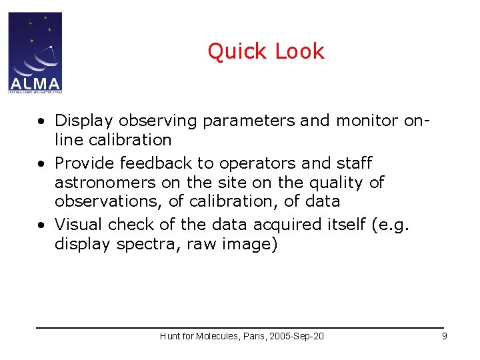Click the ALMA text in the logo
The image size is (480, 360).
[35, 84]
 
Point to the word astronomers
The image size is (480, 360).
[107, 183]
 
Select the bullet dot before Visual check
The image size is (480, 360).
[41, 225]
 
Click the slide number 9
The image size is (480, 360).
[444, 336]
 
